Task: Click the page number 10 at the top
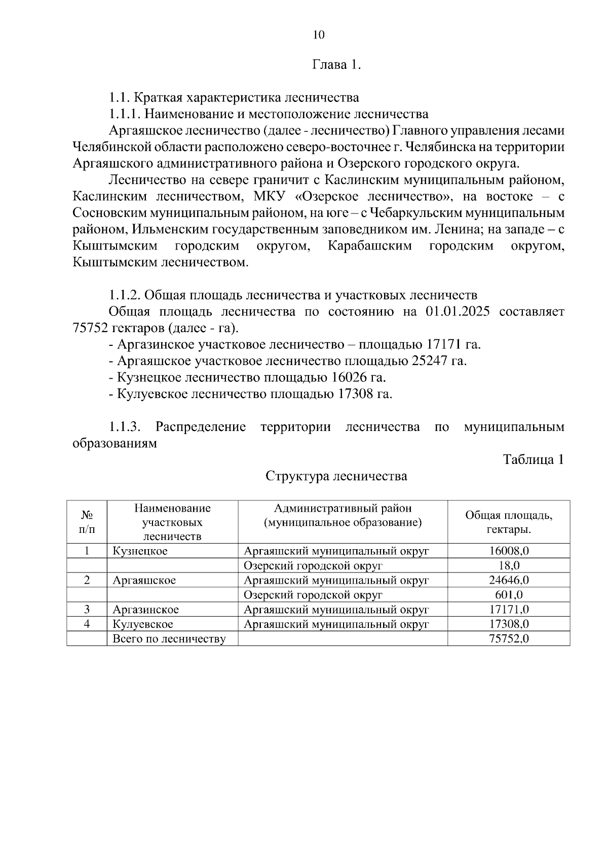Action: pos(319,35)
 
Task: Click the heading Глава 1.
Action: pos(336,65)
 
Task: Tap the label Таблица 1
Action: pos(533,459)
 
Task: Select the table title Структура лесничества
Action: pos(336,476)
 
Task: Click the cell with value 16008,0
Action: pos(509,551)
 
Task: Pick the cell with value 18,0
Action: pos(509,566)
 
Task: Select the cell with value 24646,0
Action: pos(509,580)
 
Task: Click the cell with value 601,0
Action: pos(509,595)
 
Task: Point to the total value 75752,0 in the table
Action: pos(509,638)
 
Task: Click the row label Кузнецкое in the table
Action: pos(140,551)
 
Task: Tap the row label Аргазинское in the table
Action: pos(145,609)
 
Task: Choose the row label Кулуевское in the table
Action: pos(142,624)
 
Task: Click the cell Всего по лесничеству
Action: pos(169,639)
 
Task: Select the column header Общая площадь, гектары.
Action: pos(509,522)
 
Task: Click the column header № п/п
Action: pos(87,522)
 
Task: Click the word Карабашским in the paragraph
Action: pos(369,246)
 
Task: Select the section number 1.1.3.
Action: pos(124,427)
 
